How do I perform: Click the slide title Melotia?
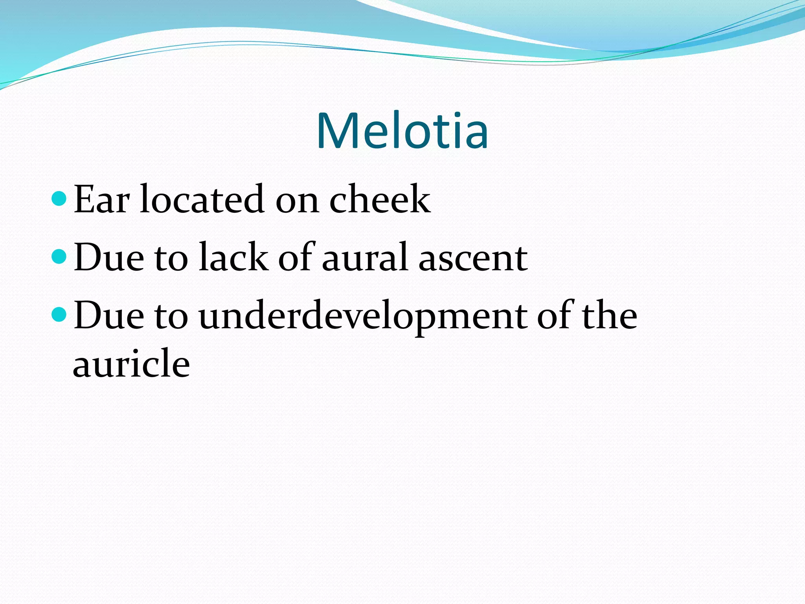coord(402,131)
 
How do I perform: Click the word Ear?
coord(101,200)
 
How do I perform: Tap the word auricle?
coord(131,363)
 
